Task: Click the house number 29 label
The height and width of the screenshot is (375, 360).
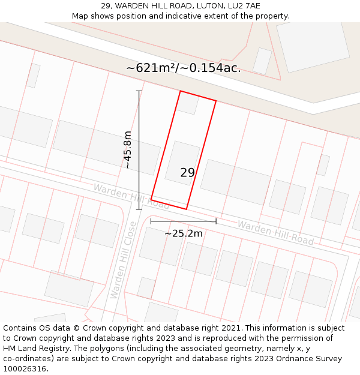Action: tap(187, 173)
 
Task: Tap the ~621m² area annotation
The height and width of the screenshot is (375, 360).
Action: tap(183, 68)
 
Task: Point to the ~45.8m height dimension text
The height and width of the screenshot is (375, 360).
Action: tap(127, 150)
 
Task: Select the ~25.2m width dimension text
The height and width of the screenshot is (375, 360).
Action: tap(184, 233)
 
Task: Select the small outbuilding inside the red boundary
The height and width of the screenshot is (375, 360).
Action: tap(188, 104)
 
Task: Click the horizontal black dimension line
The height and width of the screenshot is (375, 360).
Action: tap(184, 222)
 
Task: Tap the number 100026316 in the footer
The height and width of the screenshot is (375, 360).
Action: tap(24, 368)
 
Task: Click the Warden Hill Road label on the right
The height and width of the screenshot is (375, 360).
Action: tap(275, 232)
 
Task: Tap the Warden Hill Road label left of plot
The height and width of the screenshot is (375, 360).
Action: tap(131, 196)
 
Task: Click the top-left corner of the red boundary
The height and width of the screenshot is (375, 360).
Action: tap(181, 91)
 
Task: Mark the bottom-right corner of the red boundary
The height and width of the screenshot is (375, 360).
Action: tap(186, 209)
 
